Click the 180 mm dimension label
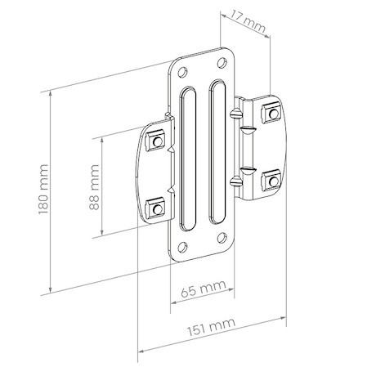pyautogui.click(x=43, y=189)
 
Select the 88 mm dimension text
pyautogui.click(x=94, y=186)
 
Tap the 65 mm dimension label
pyautogui.click(x=204, y=289)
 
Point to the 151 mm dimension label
pyautogui.click(x=211, y=327)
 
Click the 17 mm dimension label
pyautogui.click(x=248, y=21)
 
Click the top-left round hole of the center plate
pyautogui.click(x=182, y=72)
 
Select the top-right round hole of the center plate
pyautogui.click(x=222, y=63)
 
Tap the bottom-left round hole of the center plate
pyautogui.click(x=182, y=247)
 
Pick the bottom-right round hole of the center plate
pyautogui.click(x=222, y=238)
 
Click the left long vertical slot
pyautogui.click(x=188, y=159)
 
